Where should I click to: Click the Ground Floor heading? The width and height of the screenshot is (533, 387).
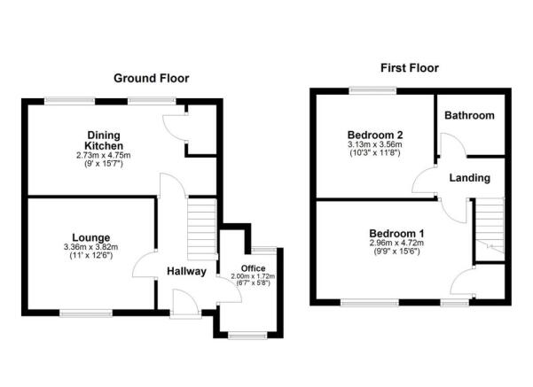pos(151,78)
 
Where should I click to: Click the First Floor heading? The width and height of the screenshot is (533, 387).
pos(409,67)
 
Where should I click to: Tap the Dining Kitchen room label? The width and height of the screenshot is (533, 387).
pos(103,141)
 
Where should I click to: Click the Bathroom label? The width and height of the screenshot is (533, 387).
pos(469,116)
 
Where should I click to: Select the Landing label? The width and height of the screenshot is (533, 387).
pos(469,178)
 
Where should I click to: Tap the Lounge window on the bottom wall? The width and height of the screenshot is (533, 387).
pos(86,312)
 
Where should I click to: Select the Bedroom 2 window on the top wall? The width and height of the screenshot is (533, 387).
pos(361,89)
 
